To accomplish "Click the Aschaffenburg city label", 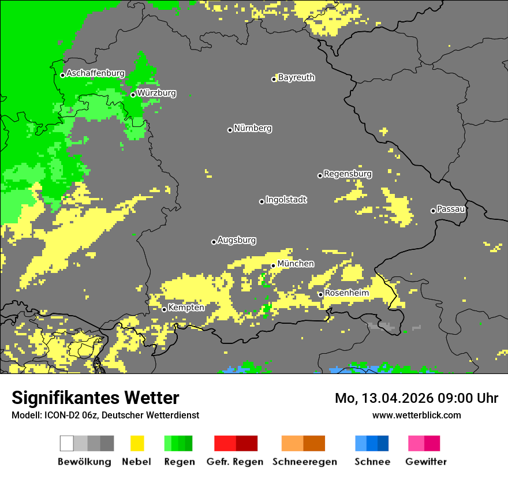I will pos(95,73).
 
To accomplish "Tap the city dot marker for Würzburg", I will pos(133,95).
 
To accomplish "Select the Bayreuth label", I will pos(296,77).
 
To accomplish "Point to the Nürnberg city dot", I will pos(230,130).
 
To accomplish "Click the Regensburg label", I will pos(348,174).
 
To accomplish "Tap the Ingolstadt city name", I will pos(286,200).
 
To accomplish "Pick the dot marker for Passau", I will pos(433,211).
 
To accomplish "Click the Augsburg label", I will pos(237,240).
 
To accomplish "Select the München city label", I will pos(296,264).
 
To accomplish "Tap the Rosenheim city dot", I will pos(320,294).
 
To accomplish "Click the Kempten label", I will pos(186,308).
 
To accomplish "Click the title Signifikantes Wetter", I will pos(95,398).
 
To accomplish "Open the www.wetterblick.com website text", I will pos(416,415).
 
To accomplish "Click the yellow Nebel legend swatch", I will pos(137,443).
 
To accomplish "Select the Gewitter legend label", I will pos(425,462).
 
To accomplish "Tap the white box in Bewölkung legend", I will pos(67,443).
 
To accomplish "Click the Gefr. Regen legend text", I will pos(234,462).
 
